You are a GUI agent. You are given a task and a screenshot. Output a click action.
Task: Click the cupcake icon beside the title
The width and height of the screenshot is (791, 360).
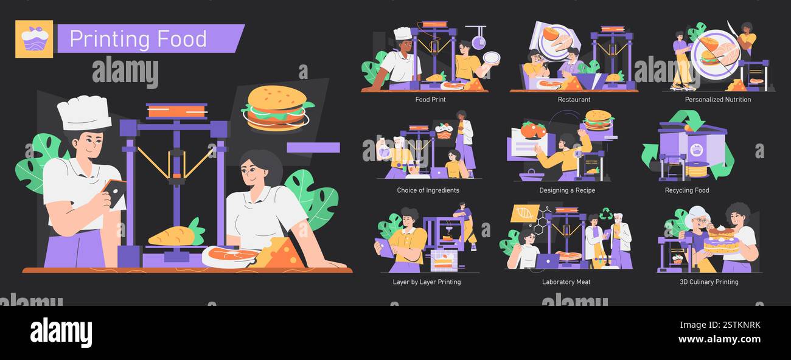34,39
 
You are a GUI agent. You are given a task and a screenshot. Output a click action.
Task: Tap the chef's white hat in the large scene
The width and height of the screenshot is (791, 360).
84,114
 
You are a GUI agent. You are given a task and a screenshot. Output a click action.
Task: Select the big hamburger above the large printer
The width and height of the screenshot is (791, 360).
278,108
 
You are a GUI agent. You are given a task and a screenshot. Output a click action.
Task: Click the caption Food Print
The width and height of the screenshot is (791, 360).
430,100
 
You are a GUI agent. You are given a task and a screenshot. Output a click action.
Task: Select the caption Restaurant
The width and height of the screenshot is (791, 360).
574,100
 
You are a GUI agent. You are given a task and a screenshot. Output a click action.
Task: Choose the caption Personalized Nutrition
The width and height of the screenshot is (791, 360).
717,100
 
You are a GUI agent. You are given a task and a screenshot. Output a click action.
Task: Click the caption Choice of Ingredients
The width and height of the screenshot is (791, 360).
428,190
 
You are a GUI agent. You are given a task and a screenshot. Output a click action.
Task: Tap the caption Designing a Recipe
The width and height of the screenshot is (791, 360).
567,190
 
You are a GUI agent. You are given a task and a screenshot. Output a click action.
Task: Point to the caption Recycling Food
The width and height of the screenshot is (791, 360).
686,190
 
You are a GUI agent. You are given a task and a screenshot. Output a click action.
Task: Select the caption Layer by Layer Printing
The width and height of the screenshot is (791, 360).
427,282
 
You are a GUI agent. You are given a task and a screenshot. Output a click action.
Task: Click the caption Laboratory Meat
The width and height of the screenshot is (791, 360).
566,282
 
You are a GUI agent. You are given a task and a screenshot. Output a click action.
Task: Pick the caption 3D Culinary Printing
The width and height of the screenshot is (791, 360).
709,282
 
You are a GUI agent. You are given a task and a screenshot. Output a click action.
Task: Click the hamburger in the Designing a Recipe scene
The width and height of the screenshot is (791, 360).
598,120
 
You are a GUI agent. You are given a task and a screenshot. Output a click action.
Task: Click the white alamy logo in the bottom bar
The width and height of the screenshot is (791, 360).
61,333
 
